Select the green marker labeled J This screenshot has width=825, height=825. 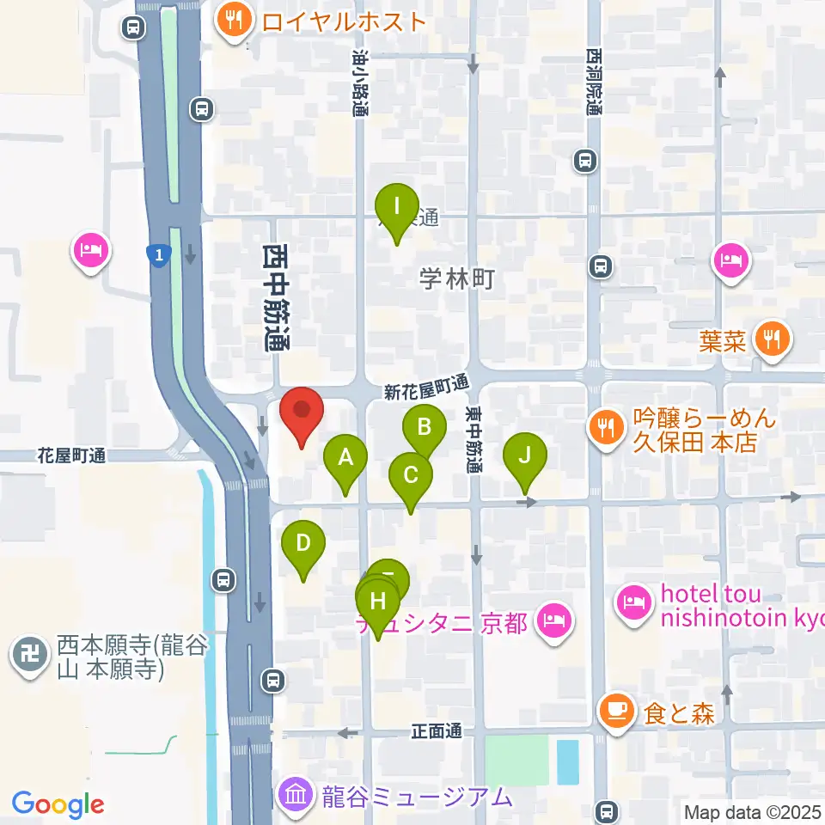(525, 455)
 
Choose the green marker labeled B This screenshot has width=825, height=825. (424, 428)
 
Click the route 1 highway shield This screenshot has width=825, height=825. (157, 254)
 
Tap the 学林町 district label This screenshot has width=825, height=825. (456, 278)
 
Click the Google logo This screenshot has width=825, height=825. (58, 804)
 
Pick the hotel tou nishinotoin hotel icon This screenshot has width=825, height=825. (633, 602)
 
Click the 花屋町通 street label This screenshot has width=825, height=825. (71, 456)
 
